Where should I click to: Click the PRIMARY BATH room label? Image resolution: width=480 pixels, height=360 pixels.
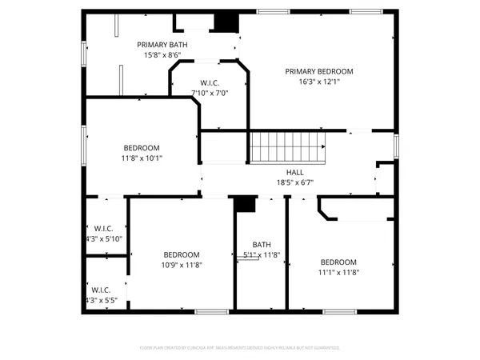[x=162, y=45]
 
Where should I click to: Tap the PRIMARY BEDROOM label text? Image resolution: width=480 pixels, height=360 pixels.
[x=319, y=71]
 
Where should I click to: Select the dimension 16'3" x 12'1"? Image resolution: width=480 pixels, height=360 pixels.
[x=319, y=82]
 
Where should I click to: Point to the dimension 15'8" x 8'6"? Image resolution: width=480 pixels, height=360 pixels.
[x=162, y=55]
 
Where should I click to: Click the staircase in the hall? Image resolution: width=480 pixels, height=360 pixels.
[x=288, y=148]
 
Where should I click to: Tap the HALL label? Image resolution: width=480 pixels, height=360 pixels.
[x=295, y=172]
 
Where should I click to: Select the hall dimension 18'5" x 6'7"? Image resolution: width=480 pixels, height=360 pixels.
[x=295, y=182]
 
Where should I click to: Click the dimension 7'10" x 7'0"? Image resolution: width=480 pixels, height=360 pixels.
[x=210, y=93]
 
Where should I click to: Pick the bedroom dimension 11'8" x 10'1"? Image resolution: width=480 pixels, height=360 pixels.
[x=142, y=158]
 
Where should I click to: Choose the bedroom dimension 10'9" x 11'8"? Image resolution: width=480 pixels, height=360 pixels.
[x=181, y=265]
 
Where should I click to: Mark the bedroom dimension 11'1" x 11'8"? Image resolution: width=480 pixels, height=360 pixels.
[x=339, y=272]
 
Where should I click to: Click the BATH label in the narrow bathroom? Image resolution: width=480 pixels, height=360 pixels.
[x=262, y=245]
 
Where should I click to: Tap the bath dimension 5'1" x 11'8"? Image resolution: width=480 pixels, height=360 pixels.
[x=262, y=255]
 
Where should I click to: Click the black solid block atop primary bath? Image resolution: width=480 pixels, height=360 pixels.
[x=226, y=22]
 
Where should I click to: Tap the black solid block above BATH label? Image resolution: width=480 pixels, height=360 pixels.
[x=245, y=205]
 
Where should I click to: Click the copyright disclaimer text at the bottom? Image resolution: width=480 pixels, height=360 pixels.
[x=240, y=348]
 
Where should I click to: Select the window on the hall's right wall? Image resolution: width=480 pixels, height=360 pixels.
[x=395, y=146]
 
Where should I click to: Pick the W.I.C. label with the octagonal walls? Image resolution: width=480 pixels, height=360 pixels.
[x=210, y=82]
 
